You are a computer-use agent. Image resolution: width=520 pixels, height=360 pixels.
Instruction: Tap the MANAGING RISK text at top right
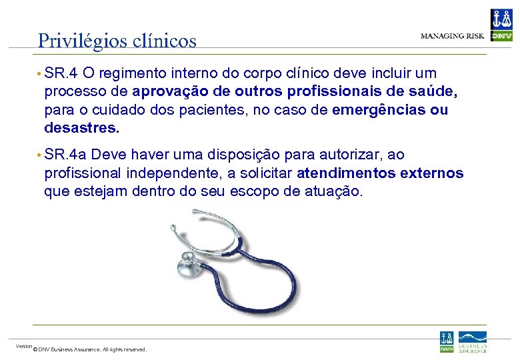[453, 35]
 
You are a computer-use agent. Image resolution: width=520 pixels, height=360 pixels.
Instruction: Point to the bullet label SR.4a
[67, 155]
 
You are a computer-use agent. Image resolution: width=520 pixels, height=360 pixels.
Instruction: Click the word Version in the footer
[23, 346]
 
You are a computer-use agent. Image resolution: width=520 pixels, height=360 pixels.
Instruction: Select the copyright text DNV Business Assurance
[90, 349]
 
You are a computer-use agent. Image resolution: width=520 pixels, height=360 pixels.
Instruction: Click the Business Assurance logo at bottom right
[472, 341]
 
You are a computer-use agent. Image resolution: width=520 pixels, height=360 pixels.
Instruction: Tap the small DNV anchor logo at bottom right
[446, 341]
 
